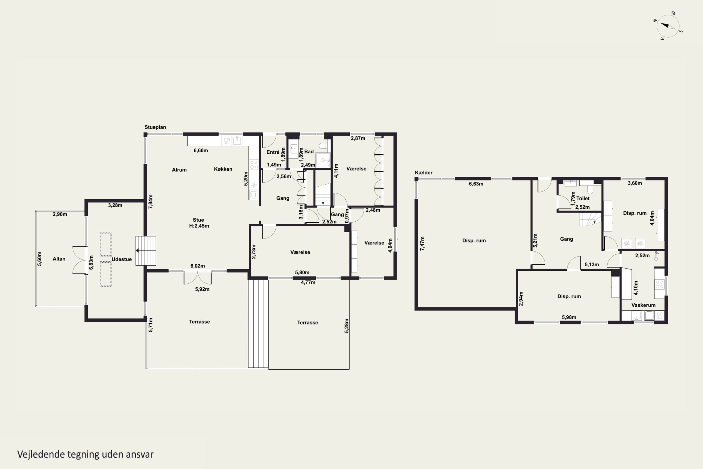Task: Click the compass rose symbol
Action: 668,26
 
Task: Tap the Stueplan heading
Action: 155,127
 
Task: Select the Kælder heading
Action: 423,173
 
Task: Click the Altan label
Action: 59,259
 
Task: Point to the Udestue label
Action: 122,259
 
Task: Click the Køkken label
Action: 223,169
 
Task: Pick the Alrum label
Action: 179,170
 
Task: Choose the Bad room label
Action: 309,152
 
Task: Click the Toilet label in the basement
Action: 583,198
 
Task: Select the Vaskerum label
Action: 643,305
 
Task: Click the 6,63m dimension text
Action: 476,184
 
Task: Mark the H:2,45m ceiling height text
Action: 199,226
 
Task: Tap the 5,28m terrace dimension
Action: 346,326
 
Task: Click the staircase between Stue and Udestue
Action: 146,251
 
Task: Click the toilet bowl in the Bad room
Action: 323,146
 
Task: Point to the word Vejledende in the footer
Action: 41,454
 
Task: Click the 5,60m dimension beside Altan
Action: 39,259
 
